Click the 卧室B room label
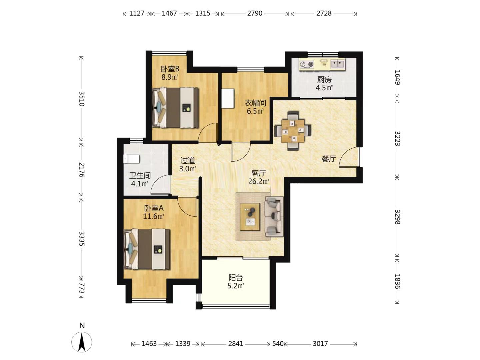pos(170,69)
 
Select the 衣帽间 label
pos(255,103)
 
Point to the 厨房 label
pos(324,80)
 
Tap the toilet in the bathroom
pos(131,159)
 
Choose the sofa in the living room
pos(274,216)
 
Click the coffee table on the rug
pos(250,217)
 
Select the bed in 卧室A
pos(147,249)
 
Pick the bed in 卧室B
pos(175,108)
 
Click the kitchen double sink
pos(337,64)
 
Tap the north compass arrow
pos(82,342)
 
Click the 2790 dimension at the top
pos(255,14)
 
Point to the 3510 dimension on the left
pos(81,99)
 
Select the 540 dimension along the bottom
pos(278,344)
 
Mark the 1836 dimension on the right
pos(397,282)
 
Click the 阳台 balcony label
pos(236,278)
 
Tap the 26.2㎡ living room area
pos(259,181)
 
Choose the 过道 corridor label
pos(187,161)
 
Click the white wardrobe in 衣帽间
pos(228,98)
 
